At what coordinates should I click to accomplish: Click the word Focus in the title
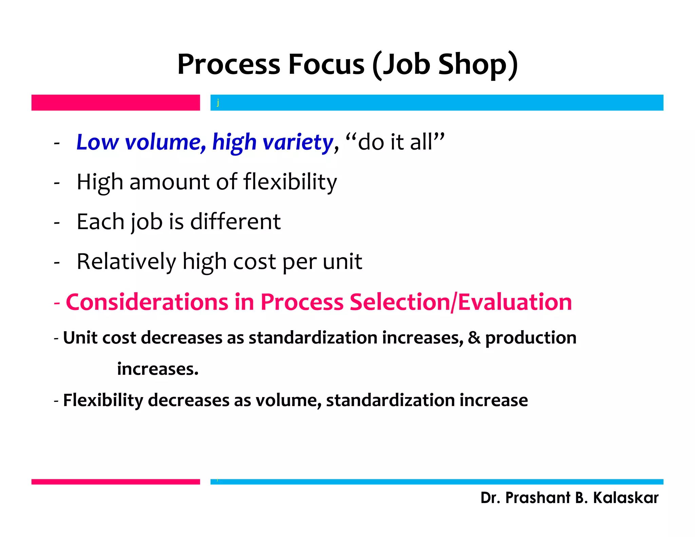(326, 64)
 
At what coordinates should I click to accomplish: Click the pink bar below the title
(115, 103)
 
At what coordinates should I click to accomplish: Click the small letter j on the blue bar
(218, 102)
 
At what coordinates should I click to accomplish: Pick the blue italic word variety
(298, 142)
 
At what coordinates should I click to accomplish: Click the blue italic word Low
(97, 142)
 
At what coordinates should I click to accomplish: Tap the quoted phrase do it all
(395, 142)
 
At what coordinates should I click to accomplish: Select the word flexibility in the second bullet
(290, 182)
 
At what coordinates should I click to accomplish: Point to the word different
(236, 222)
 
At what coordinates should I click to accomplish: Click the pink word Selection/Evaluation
(461, 302)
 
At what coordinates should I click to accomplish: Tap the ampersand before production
(474, 338)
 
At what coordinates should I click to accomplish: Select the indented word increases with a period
(158, 369)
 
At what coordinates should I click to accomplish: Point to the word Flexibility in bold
(103, 400)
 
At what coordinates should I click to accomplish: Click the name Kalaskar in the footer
(625, 498)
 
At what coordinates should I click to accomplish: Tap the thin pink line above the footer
(115, 482)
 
